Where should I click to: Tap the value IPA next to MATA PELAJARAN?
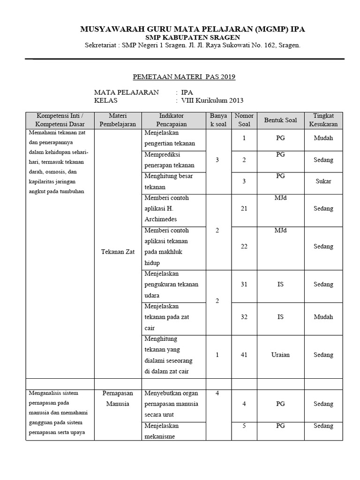pyautogui.click(x=187, y=92)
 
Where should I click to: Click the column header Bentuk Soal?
pyautogui.click(x=280, y=120)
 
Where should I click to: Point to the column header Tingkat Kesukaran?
pyautogui.click(x=323, y=120)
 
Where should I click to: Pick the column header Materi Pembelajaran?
pyautogui.click(x=118, y=120)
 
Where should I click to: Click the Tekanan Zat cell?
pyautogui.click(x=118, y=252)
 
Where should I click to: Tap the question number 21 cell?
pyautogui.click(x=244, y=209)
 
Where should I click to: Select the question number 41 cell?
pyautogui.click(x=244, y=355)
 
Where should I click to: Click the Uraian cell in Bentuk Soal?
pyautogui.click(x=280, y=355)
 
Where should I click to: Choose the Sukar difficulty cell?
pyautogui.click(x=323, y=181)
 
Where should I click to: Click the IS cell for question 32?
pyautogui.click(x=280, y=317)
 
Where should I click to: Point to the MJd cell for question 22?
pyautogui.click(x=280, y=230)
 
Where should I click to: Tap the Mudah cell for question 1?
pyautogui.click(x=323, y=138)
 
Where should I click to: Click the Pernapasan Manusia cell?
pyautogui.click(x=118, y=398)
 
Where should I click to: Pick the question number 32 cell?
pyautogui.click(x=244, y=317)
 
